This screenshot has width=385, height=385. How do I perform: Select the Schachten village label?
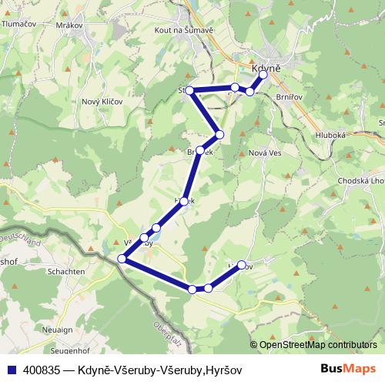(65, 272)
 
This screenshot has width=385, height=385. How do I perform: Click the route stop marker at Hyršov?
(242, 265)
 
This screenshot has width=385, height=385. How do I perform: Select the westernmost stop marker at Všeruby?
(122, 259)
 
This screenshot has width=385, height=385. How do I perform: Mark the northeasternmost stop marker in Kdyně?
(263, 75)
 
